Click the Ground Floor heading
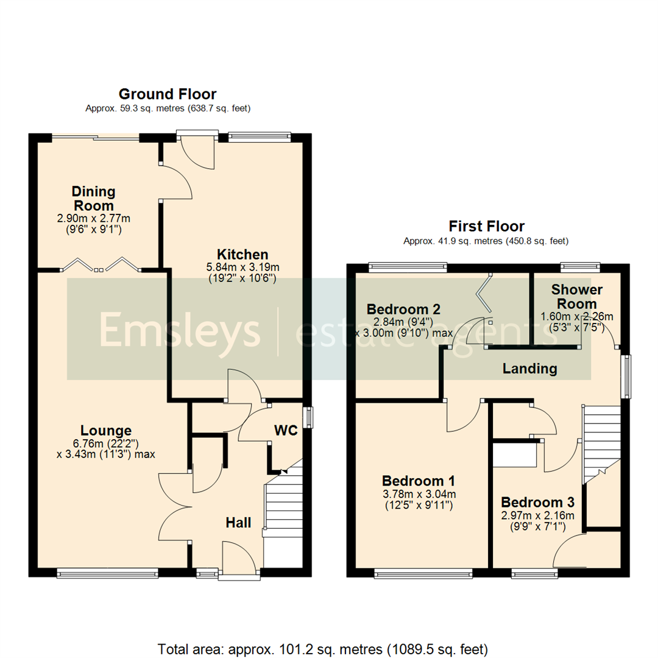167,94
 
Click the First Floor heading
486,227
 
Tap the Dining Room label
93,199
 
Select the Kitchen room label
242,254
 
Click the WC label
285,431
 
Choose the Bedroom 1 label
418,481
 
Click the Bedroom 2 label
403,309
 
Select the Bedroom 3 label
537,503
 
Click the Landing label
529,369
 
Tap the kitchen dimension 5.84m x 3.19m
242,267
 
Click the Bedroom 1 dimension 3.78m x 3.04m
418,494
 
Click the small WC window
310,417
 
